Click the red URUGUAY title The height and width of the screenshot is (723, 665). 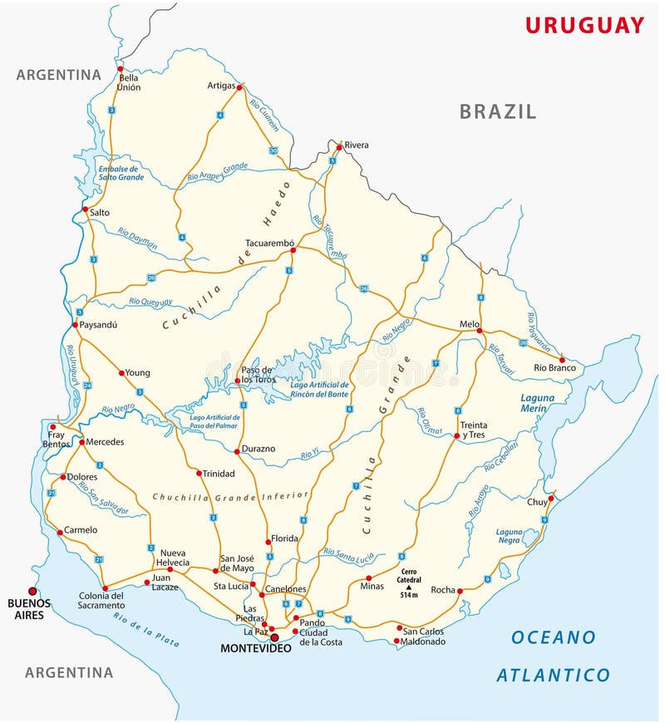584,25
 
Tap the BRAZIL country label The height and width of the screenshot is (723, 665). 498,111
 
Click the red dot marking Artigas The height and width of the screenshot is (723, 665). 239,87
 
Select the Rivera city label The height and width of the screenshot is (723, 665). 356,145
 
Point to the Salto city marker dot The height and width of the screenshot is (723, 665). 85,209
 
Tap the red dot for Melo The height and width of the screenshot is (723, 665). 479,331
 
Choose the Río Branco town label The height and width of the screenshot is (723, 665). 554,367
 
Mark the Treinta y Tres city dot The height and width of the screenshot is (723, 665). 457,435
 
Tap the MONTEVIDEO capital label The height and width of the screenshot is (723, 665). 255,648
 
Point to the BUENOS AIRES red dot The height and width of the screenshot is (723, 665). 32,592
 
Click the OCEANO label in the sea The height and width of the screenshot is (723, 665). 553,637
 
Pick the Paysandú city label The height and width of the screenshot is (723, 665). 98,325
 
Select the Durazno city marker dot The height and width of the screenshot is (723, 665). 237,451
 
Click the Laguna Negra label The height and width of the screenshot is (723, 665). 509,536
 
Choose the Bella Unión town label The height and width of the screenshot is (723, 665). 129,82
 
